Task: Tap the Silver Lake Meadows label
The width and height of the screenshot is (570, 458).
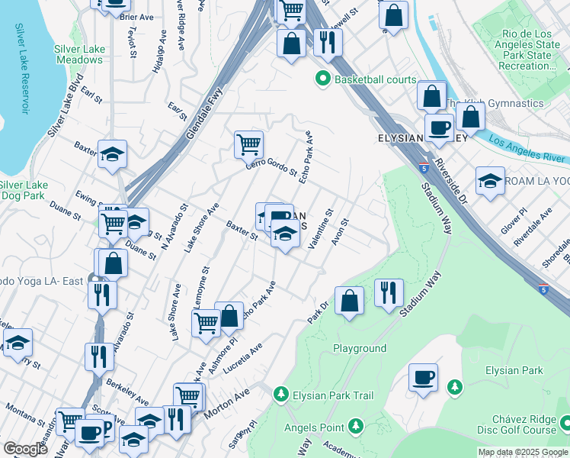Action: [x=79, y=54]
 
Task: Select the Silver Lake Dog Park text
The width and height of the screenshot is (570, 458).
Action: [x=24, y=190]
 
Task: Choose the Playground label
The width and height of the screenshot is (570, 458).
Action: [x=360, y=348]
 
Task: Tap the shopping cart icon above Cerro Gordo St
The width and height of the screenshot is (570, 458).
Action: [x=248, y=144]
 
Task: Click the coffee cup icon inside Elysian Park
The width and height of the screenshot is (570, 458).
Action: [x=423, y=377]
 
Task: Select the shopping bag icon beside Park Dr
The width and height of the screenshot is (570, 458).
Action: [x=349, y=300]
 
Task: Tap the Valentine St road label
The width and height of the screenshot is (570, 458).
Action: [x=322, y=230]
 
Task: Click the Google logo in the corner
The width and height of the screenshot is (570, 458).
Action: [x=24, y=450]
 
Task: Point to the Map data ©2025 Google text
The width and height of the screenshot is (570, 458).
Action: [x=522, y=452]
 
